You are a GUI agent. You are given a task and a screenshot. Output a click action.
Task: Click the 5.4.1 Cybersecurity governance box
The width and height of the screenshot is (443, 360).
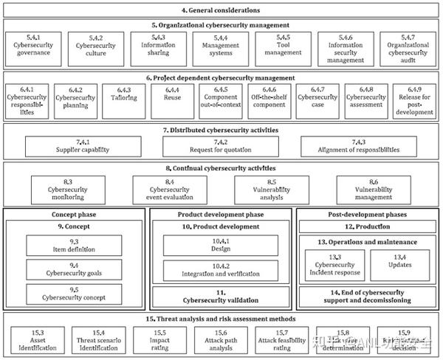[30, 46]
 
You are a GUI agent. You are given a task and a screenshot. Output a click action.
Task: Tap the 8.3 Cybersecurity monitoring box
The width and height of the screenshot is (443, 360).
[67, 189]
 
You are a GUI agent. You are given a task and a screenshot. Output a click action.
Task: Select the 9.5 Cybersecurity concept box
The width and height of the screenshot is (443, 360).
[73, 293]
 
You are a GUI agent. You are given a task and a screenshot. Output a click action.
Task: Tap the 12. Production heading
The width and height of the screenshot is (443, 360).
[368, 226]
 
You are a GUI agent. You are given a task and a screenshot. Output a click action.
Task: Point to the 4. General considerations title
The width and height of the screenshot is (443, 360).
[221, 10]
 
